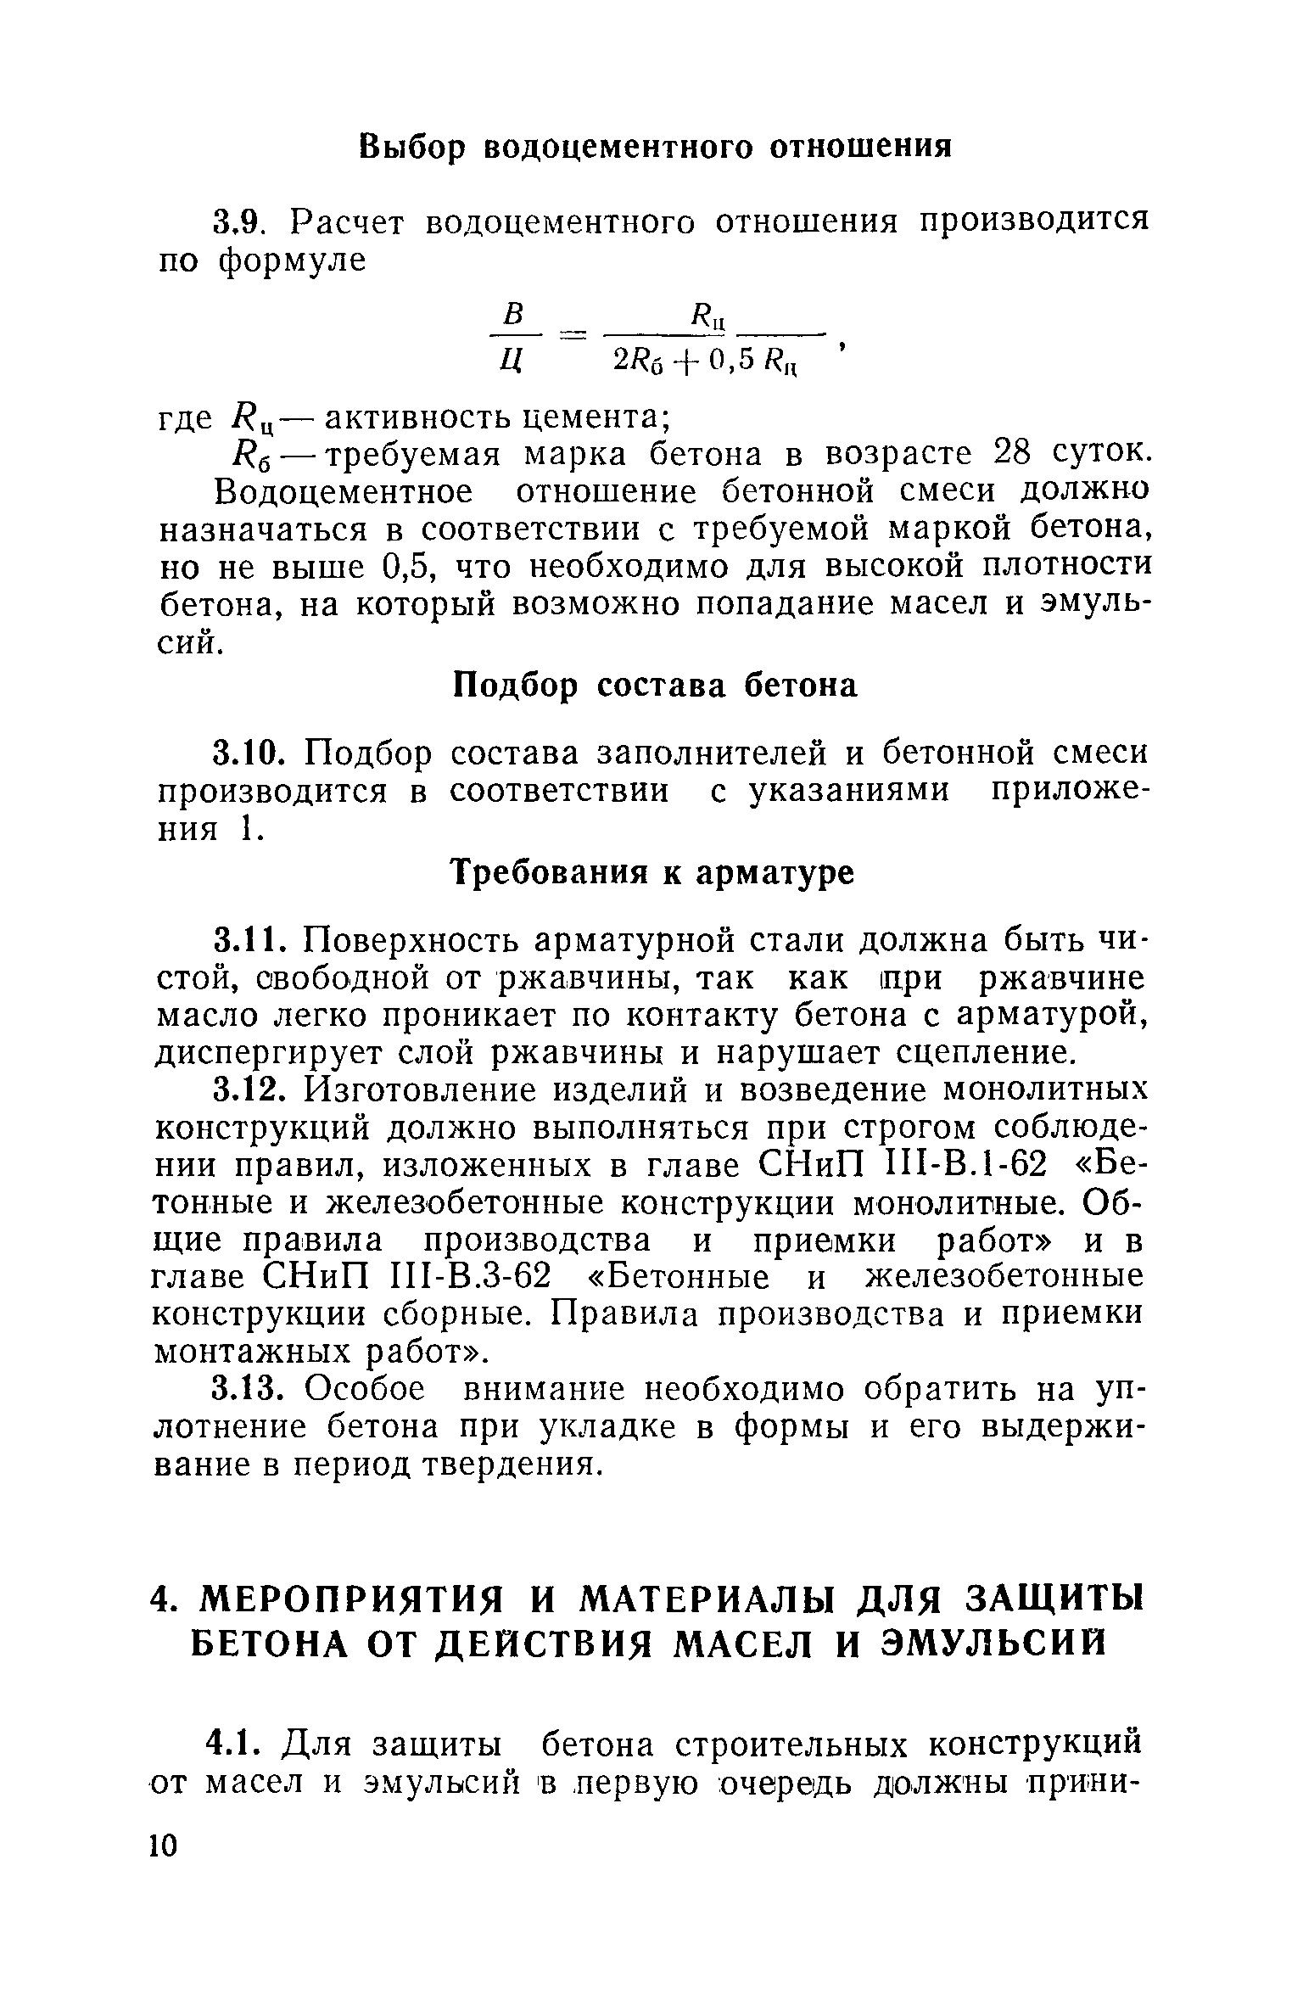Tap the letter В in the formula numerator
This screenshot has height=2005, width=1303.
click(x=511, y=315)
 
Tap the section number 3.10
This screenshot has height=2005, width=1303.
click(x=246, y=753)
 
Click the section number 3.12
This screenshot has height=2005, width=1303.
click(x=246, y=1090)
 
